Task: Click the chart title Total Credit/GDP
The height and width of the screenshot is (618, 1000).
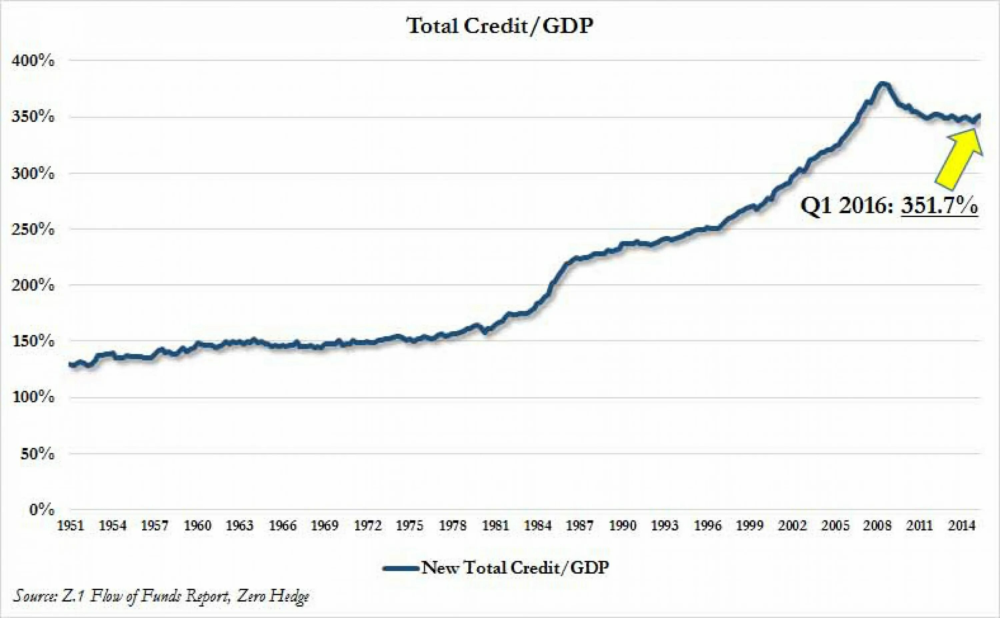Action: [x=499, y=26]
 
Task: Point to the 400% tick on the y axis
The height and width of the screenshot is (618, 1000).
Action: [x=33, y=61]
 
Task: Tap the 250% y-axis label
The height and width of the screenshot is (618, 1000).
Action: [x=33, y=229]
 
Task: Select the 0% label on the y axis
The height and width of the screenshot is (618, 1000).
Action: [x=41, y=510]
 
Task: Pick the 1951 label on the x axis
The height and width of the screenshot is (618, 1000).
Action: [x=71, y=526]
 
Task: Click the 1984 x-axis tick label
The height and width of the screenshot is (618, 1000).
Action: [x=538, y=526]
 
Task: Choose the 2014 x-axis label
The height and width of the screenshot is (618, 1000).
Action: [x=962, y=526]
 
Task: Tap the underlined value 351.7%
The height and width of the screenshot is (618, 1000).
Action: [x=939, y=206]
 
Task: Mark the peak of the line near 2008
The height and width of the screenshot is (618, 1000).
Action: [x=883, y=84]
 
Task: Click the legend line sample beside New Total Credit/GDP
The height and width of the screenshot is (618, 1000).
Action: [x=400, y=568]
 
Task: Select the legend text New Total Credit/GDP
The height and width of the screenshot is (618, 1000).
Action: [x=515, y=568]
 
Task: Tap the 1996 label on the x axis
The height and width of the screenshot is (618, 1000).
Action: [x=707, y=526]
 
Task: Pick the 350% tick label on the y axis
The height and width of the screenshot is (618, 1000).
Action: [x=33, y=117]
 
